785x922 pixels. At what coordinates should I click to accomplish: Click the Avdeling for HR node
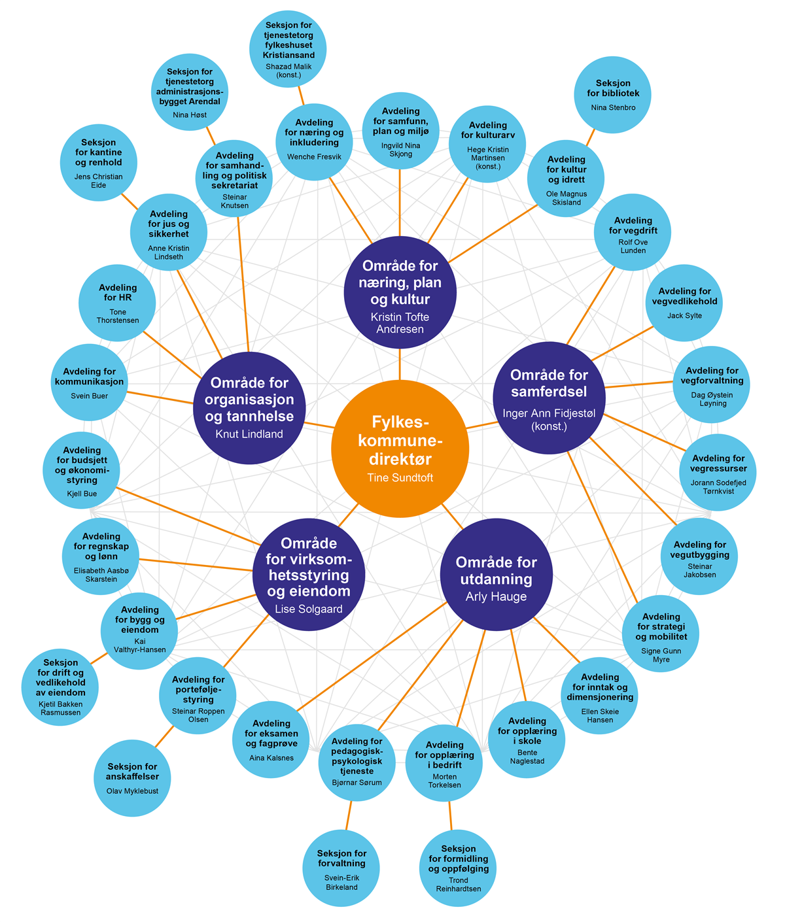click(118, 303)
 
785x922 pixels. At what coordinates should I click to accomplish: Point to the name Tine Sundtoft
click(400, 477)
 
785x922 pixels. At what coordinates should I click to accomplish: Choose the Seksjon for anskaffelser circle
click(132, 777)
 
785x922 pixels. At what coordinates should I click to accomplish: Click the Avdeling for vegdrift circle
click(633, 234)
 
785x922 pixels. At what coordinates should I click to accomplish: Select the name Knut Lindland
click(249, 434)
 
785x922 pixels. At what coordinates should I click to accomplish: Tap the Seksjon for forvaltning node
click(341, 868)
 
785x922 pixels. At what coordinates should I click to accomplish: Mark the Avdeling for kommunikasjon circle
click(90, 383)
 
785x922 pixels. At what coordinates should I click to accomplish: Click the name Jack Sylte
click(684, 315)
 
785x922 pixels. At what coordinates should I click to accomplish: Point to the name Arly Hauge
click(496, 597)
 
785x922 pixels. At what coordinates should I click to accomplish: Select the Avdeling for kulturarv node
click(487, 145)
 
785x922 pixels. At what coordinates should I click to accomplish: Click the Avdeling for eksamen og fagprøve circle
click(271, 739)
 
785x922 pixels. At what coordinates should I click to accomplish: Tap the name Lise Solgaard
click(308, 609)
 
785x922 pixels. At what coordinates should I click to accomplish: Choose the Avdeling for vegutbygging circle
click(699, 557)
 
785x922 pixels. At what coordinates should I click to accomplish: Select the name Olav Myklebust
click(132, 791)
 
